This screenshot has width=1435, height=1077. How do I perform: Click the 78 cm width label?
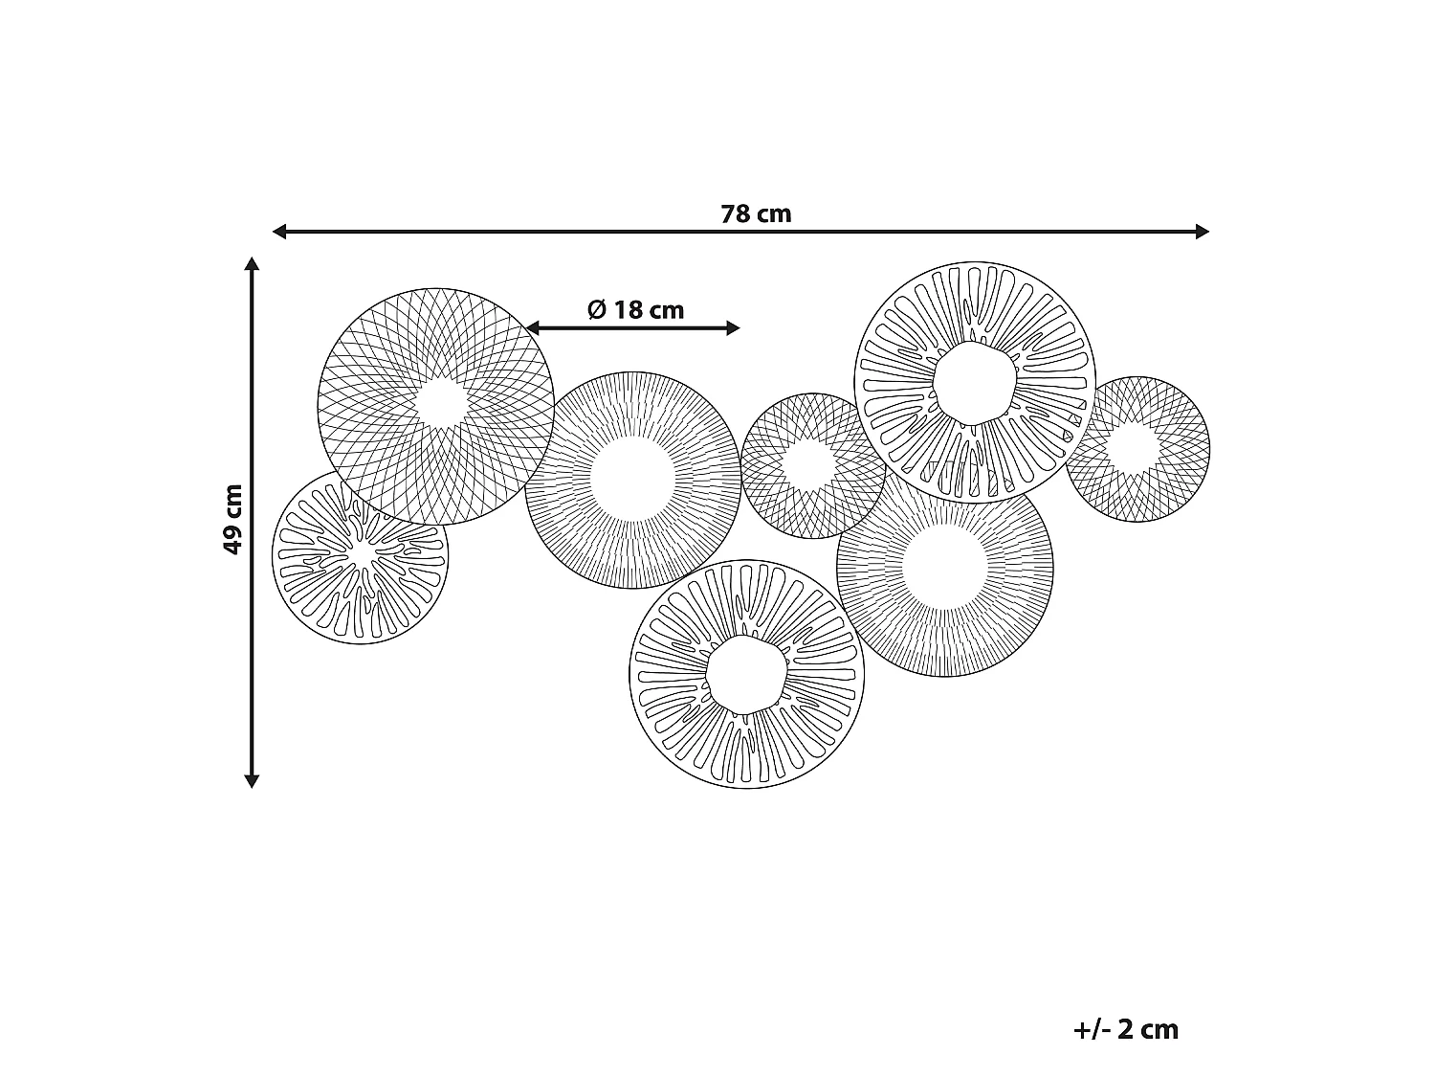click(x=756, y=213)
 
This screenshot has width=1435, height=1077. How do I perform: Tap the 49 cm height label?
click(x=232, y=520)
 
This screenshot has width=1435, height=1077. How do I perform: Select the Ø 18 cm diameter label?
click(x=635, y=309)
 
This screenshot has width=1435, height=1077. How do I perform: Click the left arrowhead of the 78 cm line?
click(x=279, y=231)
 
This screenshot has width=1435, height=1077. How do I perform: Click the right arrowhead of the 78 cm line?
click(x=1202, y=231)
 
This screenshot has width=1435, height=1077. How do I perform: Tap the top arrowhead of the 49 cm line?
click(x=252, y=263)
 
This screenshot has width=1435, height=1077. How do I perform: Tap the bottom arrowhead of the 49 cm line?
click(x=252, y=781)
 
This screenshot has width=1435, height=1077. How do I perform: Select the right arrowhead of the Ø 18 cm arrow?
click(x=733, y=328)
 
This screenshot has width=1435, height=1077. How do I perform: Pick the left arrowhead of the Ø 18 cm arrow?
click(x=533, y=328)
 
